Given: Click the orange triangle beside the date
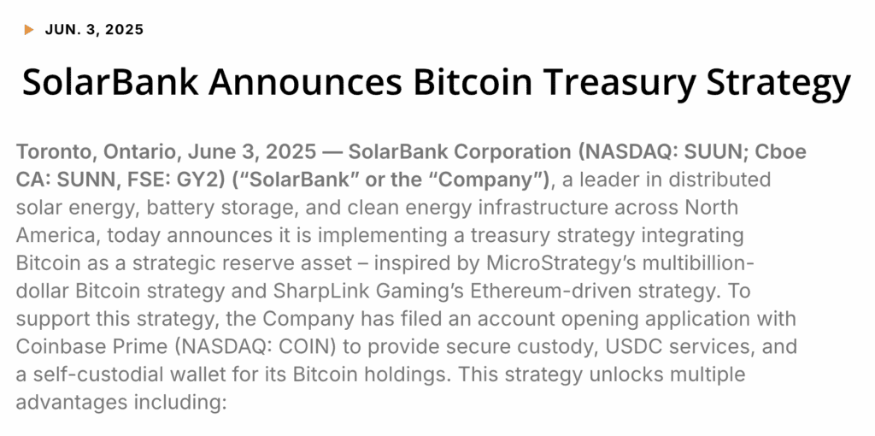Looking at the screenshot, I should click(29, 30).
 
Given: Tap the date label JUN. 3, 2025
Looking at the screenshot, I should click(94, 30).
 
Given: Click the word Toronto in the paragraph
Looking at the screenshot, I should click(55, 153).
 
